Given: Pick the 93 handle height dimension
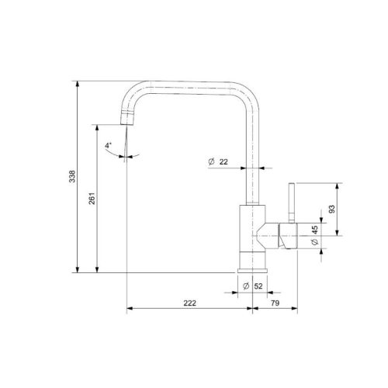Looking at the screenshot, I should tap(332, 209).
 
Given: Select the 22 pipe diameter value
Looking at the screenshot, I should tap(224, 161).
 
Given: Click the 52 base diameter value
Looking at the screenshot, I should tap(258, 286).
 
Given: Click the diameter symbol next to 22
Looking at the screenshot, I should tap(210, 161).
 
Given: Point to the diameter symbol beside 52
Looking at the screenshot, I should tap(245, 286).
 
